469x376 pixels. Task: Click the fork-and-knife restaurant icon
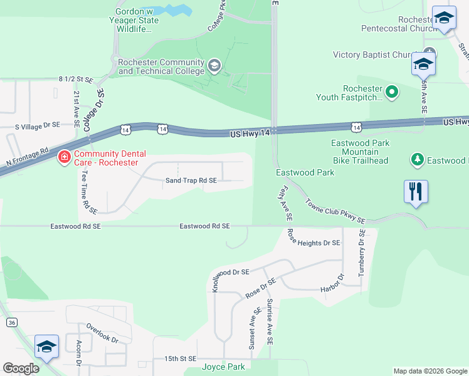[x=416, y=192]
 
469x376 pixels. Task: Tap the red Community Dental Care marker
[x=64, y=157]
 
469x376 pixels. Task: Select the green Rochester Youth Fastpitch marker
[x=393, y=93]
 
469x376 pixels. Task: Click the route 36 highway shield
[x=11, y=322]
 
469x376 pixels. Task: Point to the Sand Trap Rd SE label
[x=191, y=180]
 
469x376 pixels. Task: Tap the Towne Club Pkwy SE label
[x=335, y=211]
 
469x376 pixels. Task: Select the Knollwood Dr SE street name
[x=231, y=273]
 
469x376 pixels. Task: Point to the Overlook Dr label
[x=102, y=333]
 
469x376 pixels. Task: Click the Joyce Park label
[x=223, y=367]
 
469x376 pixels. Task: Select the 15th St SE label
[x=181, y=358]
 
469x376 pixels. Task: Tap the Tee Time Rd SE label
[x=87, y=191]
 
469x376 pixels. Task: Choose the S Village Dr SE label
[x=38, y=125]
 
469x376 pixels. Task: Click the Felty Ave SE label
[x=284, y=202]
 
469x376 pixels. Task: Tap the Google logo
[x=21, y=368]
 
